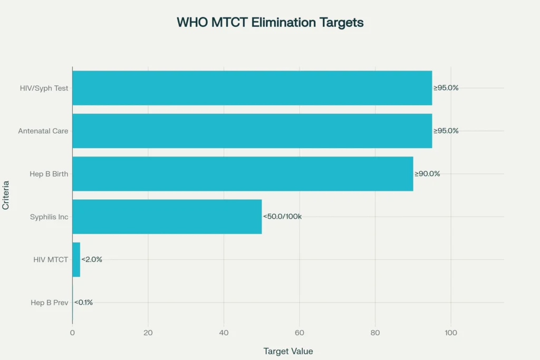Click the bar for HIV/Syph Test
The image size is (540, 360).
coord(252,88)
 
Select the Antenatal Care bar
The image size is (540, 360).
coord(252,131)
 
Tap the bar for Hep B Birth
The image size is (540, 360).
coord(243,174)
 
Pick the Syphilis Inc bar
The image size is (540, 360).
coord(167,217)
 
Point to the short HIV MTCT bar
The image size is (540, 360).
coord(76,259)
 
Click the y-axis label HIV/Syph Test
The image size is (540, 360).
coord(43,88)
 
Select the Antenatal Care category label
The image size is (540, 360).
coord(43,131)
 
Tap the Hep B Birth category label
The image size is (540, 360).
coord(49,174)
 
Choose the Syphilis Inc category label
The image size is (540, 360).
coord(49,217)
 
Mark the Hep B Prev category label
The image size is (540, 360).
coord(50,303)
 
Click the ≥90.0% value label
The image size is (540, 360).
coord(427,174)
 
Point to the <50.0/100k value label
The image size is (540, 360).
coord(282,217)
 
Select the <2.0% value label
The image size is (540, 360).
coord(92,259)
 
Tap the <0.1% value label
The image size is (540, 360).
coord(83,303)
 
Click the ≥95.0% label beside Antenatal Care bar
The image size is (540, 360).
coord(446,131)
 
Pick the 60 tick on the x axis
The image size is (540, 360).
coord(300,333)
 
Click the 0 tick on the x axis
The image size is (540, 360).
coord(72,333)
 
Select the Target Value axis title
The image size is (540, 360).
coord(288,351)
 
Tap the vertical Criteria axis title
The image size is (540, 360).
coord(6,196)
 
